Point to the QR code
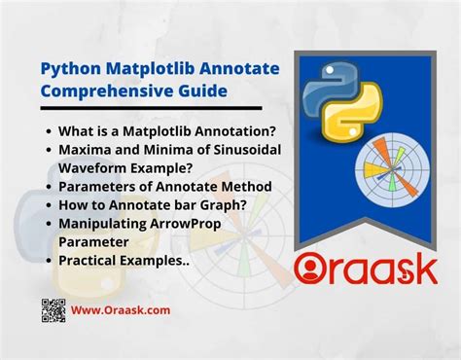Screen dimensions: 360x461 coord(54,310)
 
